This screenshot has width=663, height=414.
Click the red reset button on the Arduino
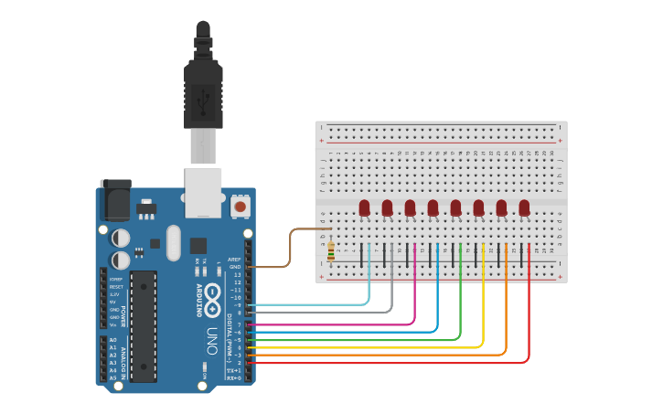click(241, 207)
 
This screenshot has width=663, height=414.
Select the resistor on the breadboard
click(330, 248)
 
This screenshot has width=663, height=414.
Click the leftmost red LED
click(364, 207)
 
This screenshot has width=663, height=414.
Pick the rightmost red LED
click(524, 207)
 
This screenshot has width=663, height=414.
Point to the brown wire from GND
click(291, 247)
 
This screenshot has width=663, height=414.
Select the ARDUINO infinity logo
click(212, 297)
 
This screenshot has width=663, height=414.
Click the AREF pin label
click(235, 259)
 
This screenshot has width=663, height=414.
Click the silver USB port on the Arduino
click(204, 192)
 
